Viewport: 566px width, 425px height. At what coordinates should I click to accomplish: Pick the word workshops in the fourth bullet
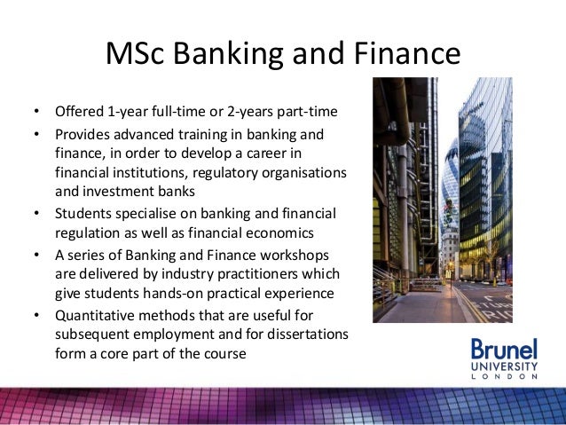[295, 255]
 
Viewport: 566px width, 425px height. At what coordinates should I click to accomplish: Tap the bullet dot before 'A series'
[35, 256]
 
